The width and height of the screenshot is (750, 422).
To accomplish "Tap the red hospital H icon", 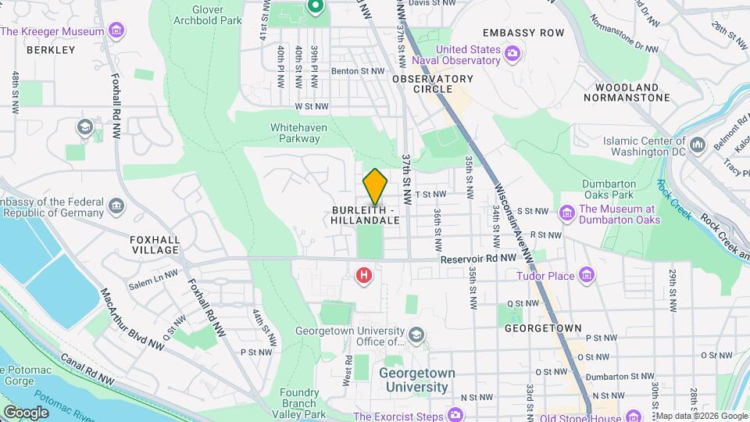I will click(363, 275).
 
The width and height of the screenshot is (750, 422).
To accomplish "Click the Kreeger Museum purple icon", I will click(116, 31).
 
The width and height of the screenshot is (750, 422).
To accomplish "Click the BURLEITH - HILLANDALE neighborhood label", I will click(366, 215).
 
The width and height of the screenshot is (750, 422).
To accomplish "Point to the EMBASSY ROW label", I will click(523, 33).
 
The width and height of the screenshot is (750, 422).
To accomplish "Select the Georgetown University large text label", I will click(413, 380).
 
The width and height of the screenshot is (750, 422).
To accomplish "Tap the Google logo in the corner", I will click(25, 412).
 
